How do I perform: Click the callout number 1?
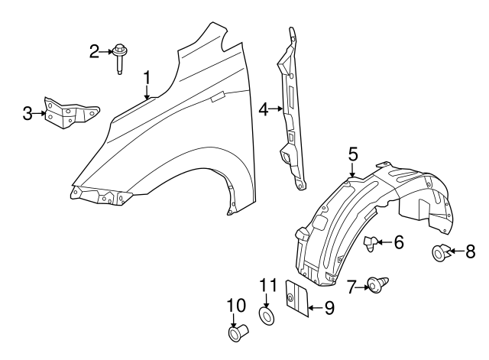(x=147, y=78)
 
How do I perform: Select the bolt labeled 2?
(x=119, y=59)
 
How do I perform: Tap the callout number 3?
(x=28, y=114)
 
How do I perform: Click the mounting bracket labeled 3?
(x=71, y=113)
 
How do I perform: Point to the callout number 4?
(x=264, y=109)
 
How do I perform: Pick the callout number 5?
(x=353, y=156)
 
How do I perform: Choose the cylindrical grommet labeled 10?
(x=238, y=332)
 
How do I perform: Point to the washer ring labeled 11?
(x=267, y=316)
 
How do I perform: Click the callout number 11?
(x=268, y=285)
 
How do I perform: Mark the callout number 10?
(x=236, y=305)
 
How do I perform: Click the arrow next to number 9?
(x=316, y=308)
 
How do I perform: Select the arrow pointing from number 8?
(x=456, y=251)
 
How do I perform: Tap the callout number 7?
(x=352, y=287)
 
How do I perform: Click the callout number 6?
(x=399, y=242)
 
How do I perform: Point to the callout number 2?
(x=94, y=51)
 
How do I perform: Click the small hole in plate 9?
(x=290, y=297)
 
